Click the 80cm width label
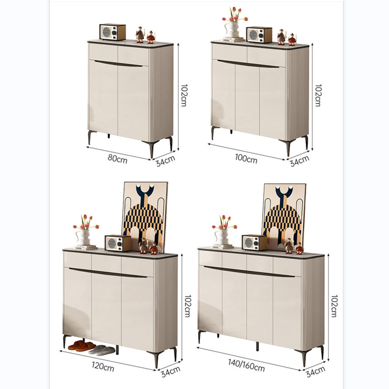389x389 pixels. click(118, 158)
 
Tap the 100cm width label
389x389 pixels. click(246, 159)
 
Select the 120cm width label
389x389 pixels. click(103, 365)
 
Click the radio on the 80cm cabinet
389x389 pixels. click(112, 32)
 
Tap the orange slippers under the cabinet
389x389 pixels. click(81, 346)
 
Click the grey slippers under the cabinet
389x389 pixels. click(102, 350)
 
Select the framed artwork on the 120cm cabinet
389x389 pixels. click(145, 213)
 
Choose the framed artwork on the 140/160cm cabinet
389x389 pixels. click(284, 213)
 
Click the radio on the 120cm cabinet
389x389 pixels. click(118, 243)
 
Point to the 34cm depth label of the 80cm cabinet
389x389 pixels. click(166, 160)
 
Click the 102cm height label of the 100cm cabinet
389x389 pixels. click(318, 95)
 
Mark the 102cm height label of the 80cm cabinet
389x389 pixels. click(184, 95)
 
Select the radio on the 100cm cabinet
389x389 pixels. click(259, 35)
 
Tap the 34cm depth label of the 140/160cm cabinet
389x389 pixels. click(315, 370)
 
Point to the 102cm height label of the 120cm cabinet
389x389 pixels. click(187, 306)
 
